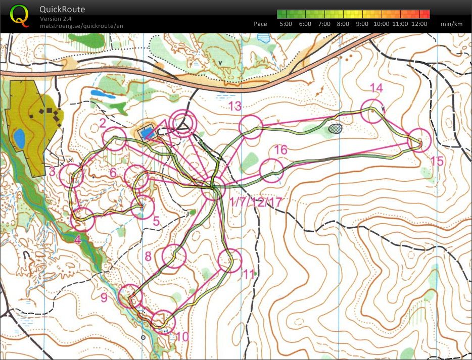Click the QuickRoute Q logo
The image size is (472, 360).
click(19, 15)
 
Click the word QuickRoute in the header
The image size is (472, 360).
click(62, 9)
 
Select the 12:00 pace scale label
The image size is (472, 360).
click(419, 24)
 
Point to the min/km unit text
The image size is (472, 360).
click(451, 24)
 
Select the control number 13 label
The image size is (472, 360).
click(235, 106)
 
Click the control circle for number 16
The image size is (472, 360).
click(271, 170)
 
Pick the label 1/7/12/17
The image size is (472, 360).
click(255, 202)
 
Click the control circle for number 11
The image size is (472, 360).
click(229, 261)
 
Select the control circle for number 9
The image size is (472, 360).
click(129, 295)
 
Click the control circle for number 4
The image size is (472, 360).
click(83, 219)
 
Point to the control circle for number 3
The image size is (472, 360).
click(72, 176)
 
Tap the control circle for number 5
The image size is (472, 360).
click(142, 208)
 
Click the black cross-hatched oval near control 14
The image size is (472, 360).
click(335, 128)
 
